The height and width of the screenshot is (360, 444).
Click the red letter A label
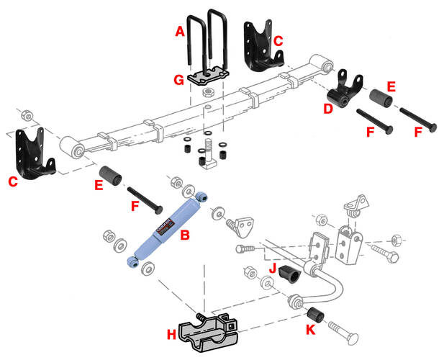[180, 31]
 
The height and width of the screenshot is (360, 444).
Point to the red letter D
[327, 108]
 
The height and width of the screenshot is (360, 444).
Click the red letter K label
[310, 330]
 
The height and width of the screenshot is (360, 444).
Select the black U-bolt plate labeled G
[208, 75]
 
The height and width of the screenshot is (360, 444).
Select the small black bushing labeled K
[314, 315]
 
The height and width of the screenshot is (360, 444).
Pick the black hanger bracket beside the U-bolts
[260, 47]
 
